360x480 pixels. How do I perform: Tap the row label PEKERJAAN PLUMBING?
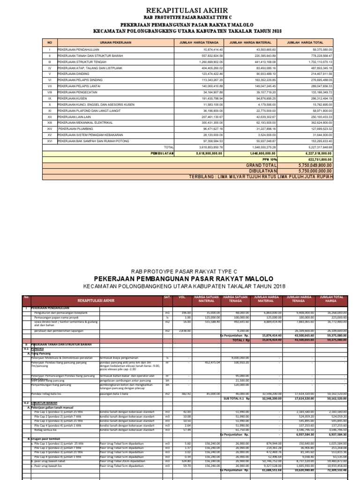[75, 128]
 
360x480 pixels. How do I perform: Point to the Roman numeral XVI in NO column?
[49, 141]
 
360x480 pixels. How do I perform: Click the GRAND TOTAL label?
[261, 165]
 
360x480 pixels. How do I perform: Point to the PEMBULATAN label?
[162, 153]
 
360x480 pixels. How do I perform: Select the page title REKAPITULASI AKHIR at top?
[180, 10]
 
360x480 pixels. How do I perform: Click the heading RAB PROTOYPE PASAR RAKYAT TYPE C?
[180, 271]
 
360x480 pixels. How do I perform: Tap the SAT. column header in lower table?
[166, 299]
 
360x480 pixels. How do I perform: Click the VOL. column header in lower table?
[183, 299]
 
